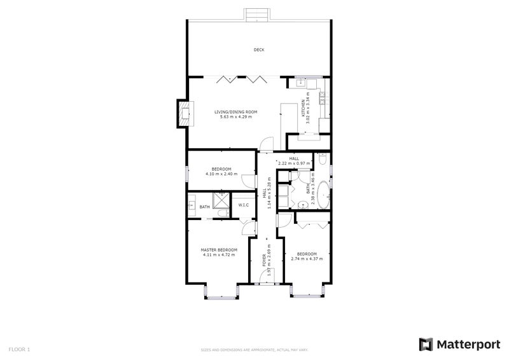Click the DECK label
(258, 50)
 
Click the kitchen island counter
(292, 115)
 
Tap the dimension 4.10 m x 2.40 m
(221, 174)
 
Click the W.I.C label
(244, 205)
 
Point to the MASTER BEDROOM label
(219, 250)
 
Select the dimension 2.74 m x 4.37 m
(307, 259)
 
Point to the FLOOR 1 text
(19, 349)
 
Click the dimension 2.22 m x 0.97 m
(293, 163)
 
